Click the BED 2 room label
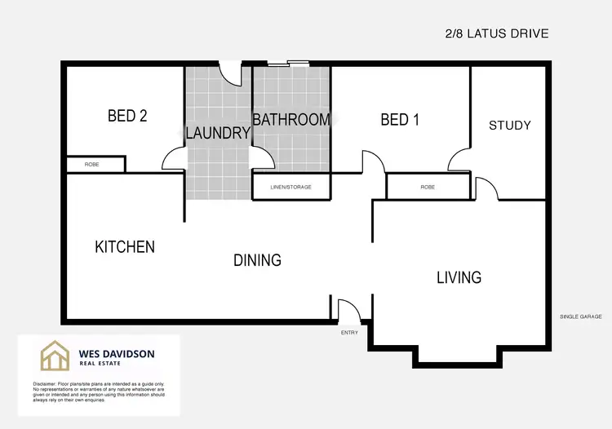[x=127, y=117]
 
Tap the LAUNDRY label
[x=217, y=133]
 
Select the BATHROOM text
[x=291, y=120]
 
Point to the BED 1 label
[x=400, y=121]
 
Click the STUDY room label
[x=509, y=125]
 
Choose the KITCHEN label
[x=125, y=247]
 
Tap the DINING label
[x=257, y=261]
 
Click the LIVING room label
[x=459, y=278]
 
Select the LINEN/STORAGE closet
[x=291, y=187]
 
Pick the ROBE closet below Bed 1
[x=428, y=187]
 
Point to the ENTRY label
[x=349, y=333]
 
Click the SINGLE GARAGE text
[x=580, y=316]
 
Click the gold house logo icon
[x=55, y=356]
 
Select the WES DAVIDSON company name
[x=116, y=354]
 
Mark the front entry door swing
[x=348, y=311]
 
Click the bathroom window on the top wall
[x=290, y=62]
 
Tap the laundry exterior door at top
[x=234, y=73]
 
